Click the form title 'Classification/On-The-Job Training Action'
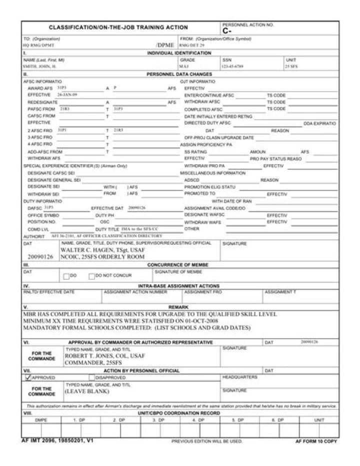click(118, 28)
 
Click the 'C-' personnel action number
click(226, 31)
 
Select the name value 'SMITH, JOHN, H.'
click(40, 66)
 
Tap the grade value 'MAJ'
click(184, 66)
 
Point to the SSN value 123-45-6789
click(232, 66)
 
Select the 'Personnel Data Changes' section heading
click(179, 74)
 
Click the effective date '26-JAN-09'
click(67, 94)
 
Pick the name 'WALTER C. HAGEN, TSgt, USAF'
click(102, 249)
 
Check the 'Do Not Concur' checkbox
click(91, 275)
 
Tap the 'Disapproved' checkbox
click(91, 377)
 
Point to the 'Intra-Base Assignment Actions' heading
click(179, 286)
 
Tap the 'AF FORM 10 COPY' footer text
click(316, 442)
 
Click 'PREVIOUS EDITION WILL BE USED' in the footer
click(206, 441)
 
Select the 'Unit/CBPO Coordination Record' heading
click(179, 413)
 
